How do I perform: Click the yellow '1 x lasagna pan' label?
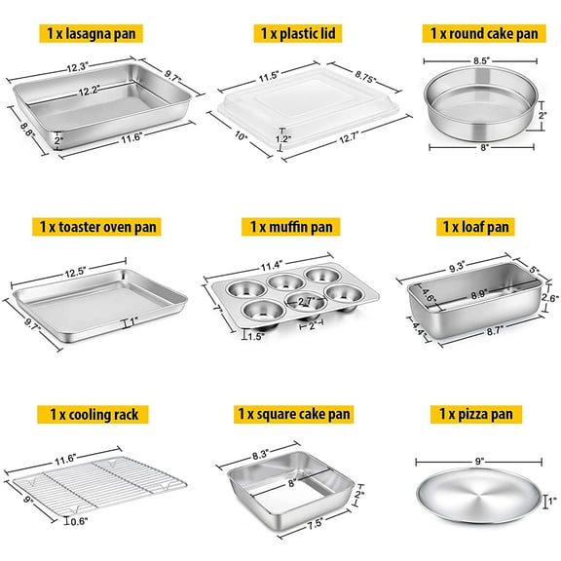click(93, 32)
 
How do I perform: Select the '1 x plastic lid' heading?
click(280, 32)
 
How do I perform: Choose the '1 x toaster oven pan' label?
click(93, 226)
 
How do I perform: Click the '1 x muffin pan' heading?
click(280, 226)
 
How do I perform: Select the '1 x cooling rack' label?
click(93, 414)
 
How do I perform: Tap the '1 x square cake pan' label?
click(280, 414)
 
